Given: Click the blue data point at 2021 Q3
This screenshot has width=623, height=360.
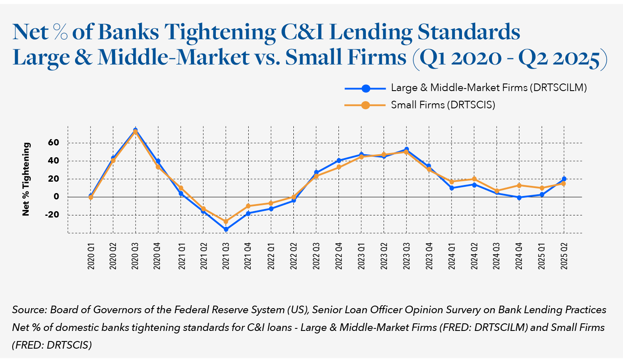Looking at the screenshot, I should pyautogui.click(x=226, y=229).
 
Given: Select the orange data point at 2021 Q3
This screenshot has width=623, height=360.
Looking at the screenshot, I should pyautogui.click(x=226, y=221).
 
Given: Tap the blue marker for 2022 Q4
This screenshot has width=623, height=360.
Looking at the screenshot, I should pyautogui.click(x=339, y=161).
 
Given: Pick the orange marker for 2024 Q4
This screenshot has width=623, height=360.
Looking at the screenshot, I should pyautogui.click(x=519, y=185).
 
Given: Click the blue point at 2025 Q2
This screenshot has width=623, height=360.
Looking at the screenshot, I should pyautogui.click(x=564, y=179).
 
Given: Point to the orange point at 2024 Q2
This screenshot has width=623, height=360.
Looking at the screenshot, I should pyautogui.click(x=474, y=179).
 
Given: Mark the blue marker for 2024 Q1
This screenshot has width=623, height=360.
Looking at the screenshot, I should pyautogui.click(x=451, y=188).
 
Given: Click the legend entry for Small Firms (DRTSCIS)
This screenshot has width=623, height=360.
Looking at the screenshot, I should pyautogui.click(x=443, y=105).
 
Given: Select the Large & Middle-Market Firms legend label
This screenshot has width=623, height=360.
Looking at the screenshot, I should pyautogui.click(x=489, y=88).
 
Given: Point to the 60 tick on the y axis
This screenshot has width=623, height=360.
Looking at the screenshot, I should pyautogui.click(x=54, y=143).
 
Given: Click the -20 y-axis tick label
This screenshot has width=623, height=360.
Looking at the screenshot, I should pyautogui.click(x=52, y=215).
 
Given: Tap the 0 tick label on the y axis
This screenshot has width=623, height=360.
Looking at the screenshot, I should pyautogui.click(x=56, y=197).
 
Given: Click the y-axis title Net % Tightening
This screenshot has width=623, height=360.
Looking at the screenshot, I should pyautogui.click(x=26, y=179).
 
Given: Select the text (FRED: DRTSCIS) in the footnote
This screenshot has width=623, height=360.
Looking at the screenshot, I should pyautogui.click(x=52, y=345).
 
